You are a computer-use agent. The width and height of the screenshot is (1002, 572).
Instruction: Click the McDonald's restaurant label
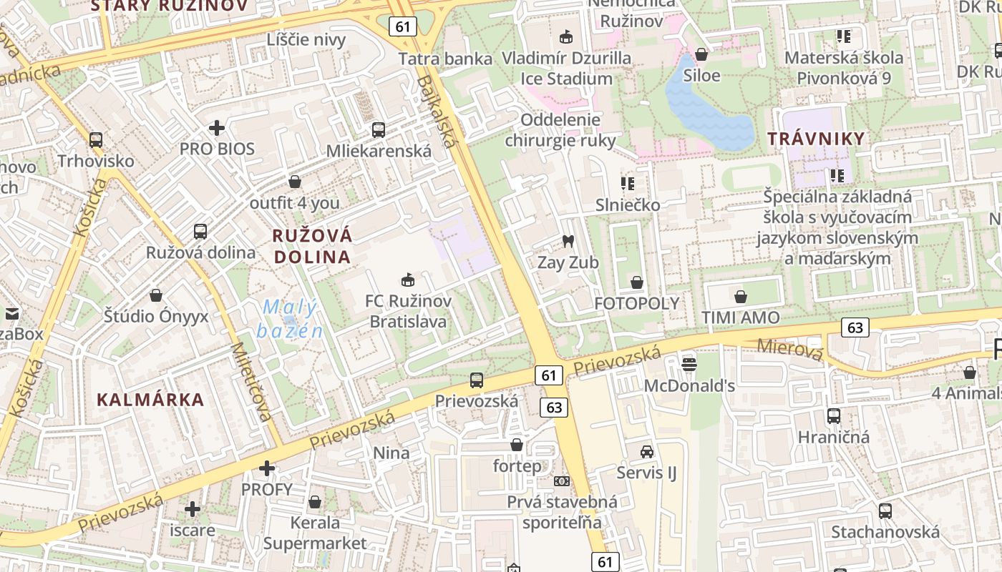point(689,386)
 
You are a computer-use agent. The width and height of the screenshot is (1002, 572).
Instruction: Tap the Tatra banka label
point(445,59)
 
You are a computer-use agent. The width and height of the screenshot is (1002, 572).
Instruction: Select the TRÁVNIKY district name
point(816,139)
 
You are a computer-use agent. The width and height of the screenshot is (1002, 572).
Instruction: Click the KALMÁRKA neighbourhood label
point(150,400)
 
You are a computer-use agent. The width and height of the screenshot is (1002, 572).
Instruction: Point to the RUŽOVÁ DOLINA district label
point(312,246)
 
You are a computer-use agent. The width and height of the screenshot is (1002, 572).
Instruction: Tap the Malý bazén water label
point(290,319)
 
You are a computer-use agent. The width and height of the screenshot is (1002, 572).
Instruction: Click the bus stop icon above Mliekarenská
point(379,130)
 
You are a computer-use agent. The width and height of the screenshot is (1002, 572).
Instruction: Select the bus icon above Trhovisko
point(96,140)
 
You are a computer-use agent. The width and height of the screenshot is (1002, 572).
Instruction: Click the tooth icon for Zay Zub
point(568,242)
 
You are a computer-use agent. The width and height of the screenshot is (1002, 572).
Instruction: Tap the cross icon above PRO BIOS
point(217,128)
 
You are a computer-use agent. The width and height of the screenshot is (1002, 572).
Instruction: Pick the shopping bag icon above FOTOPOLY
point(636,282)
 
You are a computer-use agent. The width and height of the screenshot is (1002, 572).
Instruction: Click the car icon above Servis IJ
point(647,452)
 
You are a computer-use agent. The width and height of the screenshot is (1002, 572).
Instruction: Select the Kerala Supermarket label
point(315,533)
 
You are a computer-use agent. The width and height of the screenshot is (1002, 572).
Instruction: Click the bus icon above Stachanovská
point(885,511)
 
